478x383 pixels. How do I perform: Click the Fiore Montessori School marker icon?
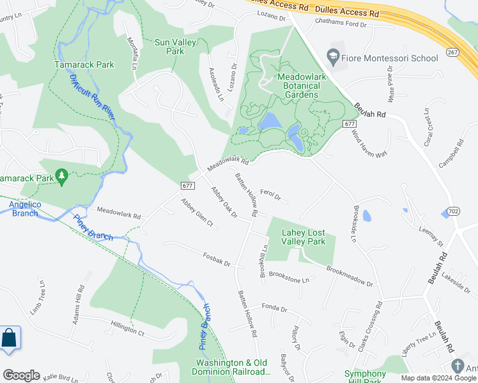coord(333,57)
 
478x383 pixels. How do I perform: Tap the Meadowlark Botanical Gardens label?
coord(298,86)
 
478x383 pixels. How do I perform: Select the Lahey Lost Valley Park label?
coord(304,237)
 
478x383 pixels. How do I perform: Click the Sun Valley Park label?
coord(173,47)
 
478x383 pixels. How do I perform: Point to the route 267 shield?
coord(452,52)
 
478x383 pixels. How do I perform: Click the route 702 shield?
coord(453,211)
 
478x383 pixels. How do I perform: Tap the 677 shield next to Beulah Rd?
coord(349,123)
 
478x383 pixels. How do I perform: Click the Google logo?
coord(21,375)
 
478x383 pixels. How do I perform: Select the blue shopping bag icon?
coord(10,338)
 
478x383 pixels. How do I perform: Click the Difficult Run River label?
coord(91,97)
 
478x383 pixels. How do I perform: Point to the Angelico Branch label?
coord(25,208)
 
